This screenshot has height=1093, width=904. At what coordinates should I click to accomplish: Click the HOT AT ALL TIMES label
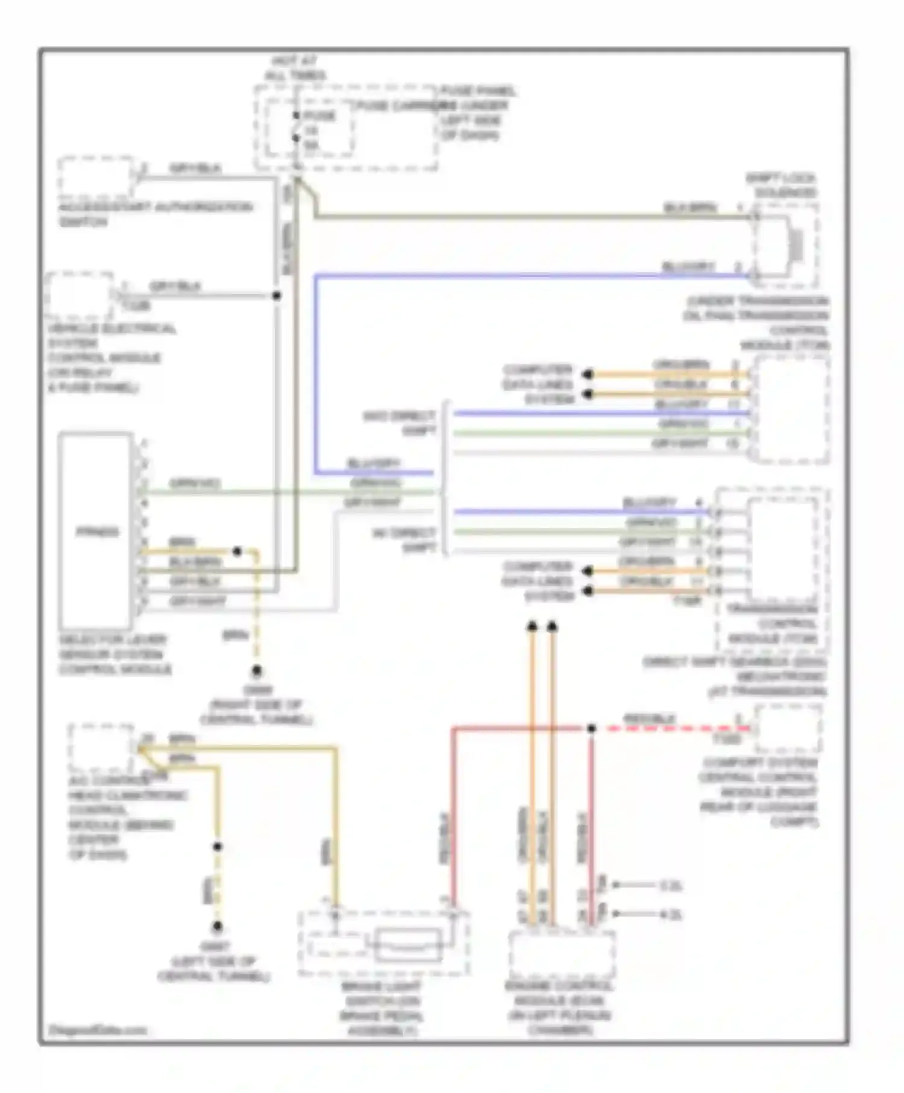tap(295, 68)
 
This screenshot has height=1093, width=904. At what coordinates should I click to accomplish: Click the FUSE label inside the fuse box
tap(319, 116)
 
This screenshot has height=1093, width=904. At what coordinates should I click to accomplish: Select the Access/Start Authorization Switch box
tap(96, 178)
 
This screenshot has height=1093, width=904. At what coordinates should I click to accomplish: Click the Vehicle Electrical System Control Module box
tap(80, 296)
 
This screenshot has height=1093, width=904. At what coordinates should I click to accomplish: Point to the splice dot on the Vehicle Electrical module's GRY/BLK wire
tap(277, 296)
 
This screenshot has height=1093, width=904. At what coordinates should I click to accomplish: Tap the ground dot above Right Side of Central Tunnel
tap(257, 671)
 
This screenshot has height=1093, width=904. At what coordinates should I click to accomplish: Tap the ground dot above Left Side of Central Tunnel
tap(217, 926)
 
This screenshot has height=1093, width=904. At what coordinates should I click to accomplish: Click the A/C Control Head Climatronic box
tap(101, 748)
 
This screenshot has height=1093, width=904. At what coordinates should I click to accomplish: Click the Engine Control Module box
tap(561, 955)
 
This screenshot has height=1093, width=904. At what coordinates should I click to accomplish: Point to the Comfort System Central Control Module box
tap(788, 729)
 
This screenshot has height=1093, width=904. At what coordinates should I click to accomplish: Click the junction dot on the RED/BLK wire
tap(591, 728)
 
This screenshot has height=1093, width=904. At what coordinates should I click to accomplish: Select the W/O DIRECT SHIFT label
tap(401, 423)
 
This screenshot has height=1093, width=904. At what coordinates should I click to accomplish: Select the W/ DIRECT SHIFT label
tap(405, 539)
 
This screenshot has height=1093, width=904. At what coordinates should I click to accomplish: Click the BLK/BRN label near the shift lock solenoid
tap(691, 208)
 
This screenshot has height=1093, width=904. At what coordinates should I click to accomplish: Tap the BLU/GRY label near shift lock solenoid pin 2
tap(688, 266)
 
